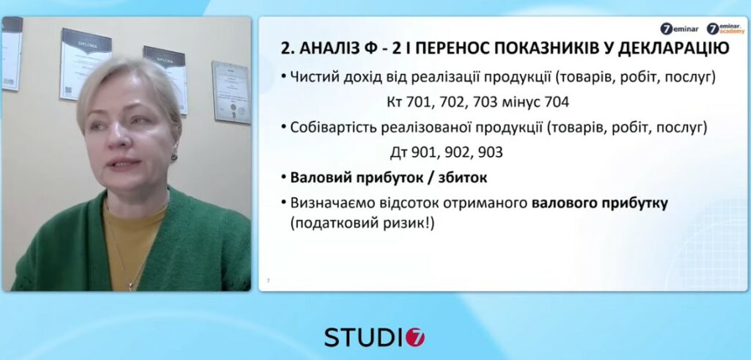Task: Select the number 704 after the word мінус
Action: click(557, 103)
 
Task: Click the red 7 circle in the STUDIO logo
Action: click(416, 337)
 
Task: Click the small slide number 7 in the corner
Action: click(268, 281)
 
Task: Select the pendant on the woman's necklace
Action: click(131, 286)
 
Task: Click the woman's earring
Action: click(174, 156)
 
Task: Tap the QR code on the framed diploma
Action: click(67, 90)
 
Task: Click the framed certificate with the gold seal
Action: click(231, 92)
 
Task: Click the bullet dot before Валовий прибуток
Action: click(284, 177)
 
